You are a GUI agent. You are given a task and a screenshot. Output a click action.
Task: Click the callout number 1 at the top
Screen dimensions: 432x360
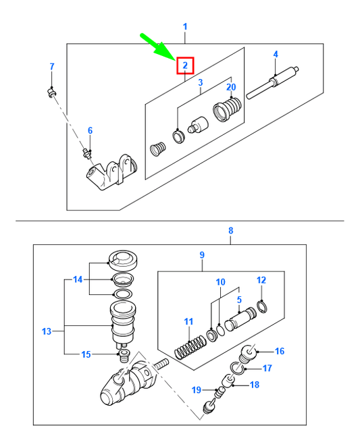(x=184, y=26)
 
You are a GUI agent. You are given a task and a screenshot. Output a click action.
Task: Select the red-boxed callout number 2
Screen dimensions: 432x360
(x=184, y=65)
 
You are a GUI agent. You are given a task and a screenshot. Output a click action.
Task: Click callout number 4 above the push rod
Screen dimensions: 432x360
(x=275, y=54)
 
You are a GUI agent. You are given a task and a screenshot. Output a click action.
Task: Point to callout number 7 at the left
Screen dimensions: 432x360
(x=51, y=66)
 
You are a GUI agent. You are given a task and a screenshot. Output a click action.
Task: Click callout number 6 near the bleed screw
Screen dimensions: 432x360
(x=90, y=130)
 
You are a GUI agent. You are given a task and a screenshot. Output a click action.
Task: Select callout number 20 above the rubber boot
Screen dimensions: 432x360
(x=232, y=86)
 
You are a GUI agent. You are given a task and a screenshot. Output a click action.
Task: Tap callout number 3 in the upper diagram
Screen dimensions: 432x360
(x=200, y=82)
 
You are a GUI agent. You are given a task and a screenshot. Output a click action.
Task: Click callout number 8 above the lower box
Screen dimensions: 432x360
(x=230, y=231)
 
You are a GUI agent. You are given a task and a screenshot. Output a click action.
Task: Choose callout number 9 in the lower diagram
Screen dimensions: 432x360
(x=201, y=254)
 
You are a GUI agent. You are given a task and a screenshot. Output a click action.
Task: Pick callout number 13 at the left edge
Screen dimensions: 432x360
(x=46, y=331)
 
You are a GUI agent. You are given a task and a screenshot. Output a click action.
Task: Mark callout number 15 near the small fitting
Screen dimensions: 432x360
(x=86, y=354)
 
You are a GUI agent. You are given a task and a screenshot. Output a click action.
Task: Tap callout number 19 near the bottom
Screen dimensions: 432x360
(x=195, y=389)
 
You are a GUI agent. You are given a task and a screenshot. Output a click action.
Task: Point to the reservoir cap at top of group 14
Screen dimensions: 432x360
(x=122, y=258)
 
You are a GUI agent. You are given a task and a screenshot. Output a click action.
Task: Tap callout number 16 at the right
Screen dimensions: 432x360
(x=280, y=351)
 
